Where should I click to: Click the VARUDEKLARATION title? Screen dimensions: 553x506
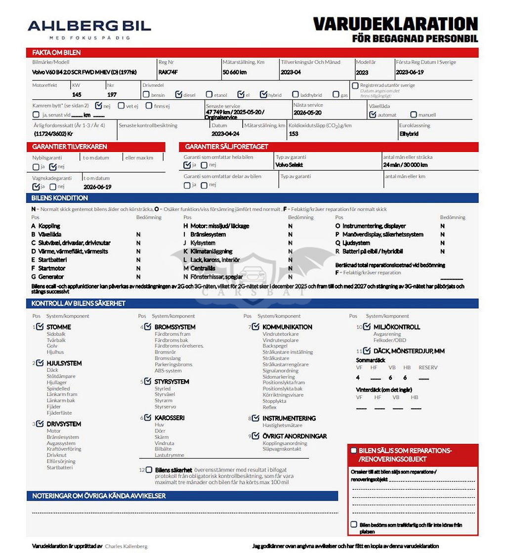coord(395,24)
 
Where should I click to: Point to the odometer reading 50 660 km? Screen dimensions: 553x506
coord(234,72)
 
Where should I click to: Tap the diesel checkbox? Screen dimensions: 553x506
coord(178,94)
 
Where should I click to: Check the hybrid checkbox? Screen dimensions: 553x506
coord(264,94)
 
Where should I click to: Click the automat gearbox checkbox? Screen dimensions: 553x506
coord(373,115)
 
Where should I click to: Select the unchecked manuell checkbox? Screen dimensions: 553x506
coord(414,115)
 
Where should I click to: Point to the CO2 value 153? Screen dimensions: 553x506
coord(294,134)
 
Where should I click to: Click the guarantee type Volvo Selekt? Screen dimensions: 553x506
coord(290,165)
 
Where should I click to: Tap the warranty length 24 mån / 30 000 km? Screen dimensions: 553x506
coord(405,165)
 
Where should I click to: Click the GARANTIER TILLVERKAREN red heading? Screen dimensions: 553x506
coord(70,147)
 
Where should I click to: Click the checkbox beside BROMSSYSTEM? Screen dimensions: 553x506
coord(148,326)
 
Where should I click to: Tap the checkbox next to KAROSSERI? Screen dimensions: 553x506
coord(148,417)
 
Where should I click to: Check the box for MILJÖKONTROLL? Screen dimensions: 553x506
coord(367,326)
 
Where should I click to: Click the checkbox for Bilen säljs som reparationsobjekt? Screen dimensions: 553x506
coord(353,450)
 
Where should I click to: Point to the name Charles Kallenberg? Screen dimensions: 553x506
coord(126,546)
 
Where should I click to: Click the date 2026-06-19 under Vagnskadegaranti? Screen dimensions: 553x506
coord(97,187)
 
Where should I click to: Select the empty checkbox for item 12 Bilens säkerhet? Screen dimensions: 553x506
coord(149,470)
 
